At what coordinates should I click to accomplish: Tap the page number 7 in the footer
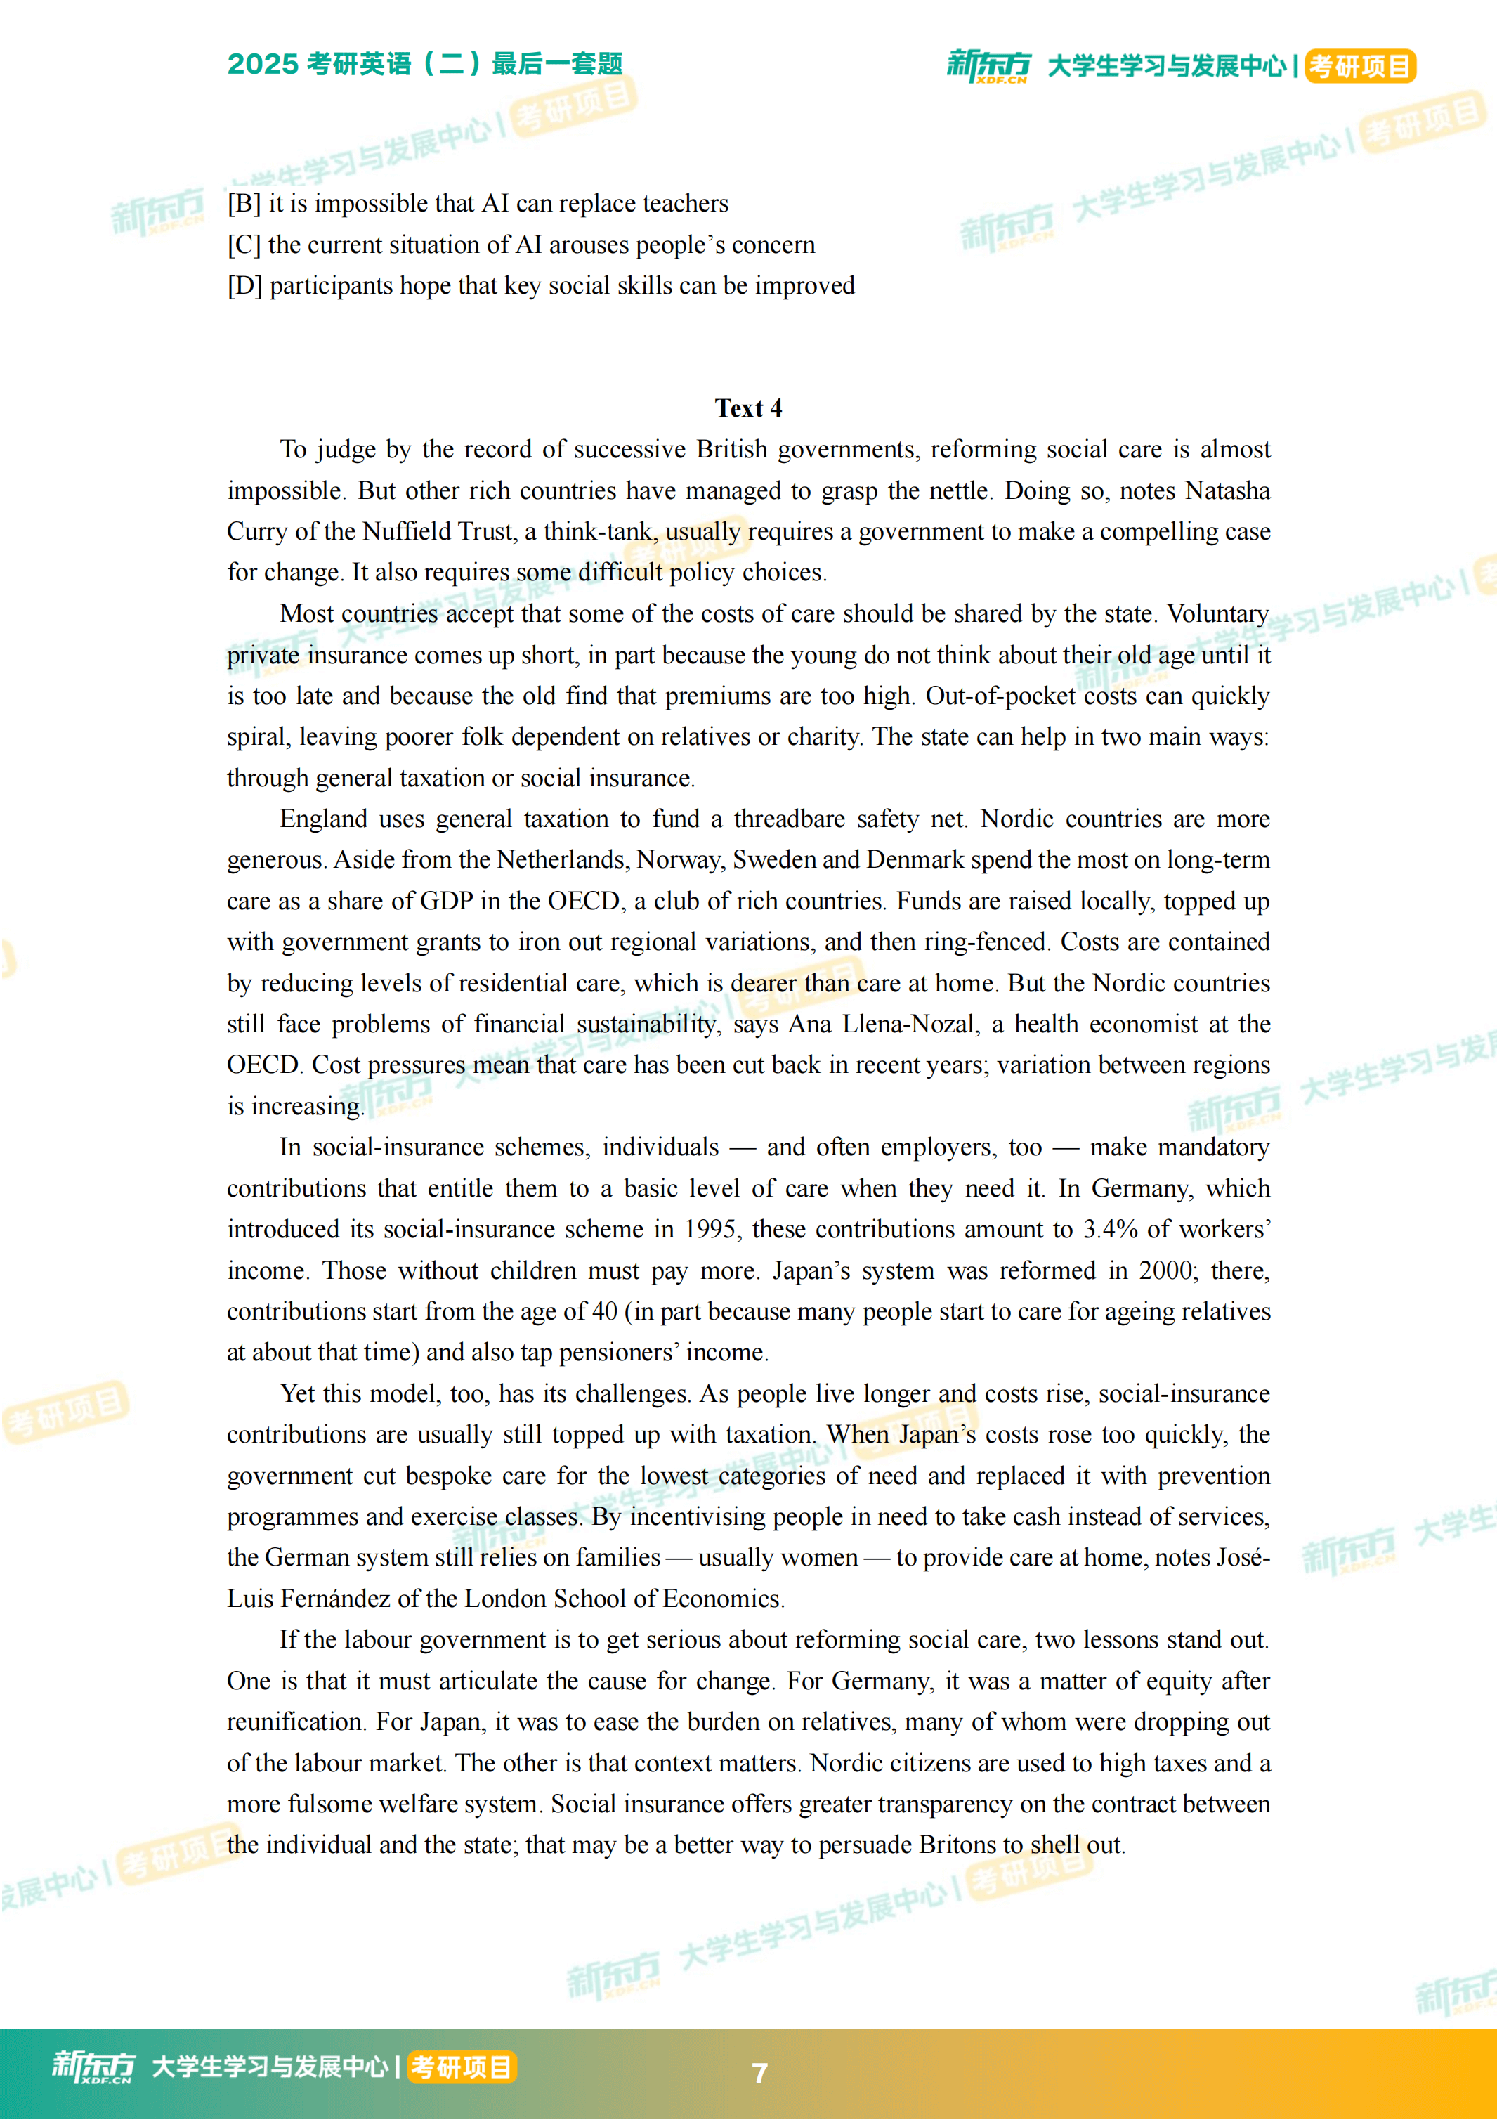[x=759, y=2073]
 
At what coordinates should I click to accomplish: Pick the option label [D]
[x=244, y=285]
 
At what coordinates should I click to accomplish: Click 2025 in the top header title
[x=263, y=64]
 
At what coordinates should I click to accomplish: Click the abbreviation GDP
[x=446, y=901]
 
